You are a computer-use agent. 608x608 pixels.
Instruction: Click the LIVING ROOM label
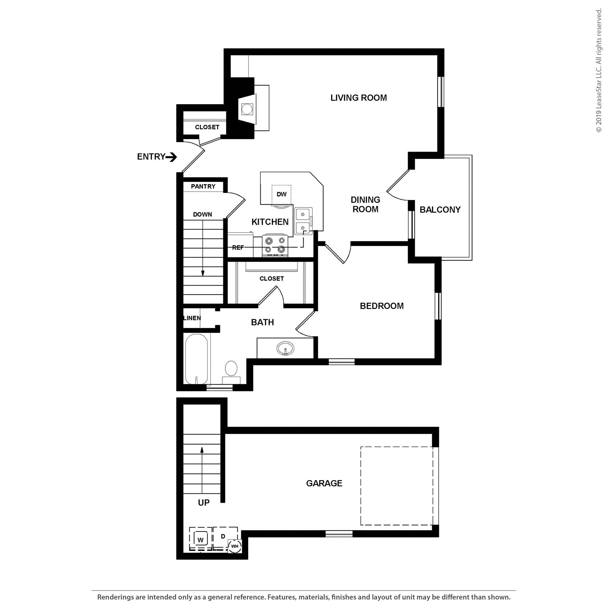coord(358,98)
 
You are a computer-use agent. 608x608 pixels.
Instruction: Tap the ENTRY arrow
coord(172,157)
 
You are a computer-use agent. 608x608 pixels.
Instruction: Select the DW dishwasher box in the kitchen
coord(281,194)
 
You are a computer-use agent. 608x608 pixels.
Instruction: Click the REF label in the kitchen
coord(238,248)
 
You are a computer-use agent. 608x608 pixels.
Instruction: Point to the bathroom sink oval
coord(285,348)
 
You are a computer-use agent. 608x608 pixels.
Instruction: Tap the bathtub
coord(196,359)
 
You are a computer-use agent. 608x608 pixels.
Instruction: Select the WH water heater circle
coord(235,546)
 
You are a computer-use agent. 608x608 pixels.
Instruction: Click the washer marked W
coord(200,540)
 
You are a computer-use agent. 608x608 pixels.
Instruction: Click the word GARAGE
coord(324,483)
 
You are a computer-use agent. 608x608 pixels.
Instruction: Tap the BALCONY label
coord(440,210)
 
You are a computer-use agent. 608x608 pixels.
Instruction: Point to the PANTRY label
coord(203,186)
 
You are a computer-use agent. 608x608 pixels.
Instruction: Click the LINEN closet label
coord(192,318)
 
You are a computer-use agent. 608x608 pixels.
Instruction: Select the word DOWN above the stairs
coord(202,214)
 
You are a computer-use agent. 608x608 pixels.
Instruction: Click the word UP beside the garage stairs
coord(204,503)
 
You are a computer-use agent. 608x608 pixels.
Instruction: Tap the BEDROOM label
coord(382,306)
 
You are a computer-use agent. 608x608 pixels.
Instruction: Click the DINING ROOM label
coord(365,204)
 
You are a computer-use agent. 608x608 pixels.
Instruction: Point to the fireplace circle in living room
coord(247,109)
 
